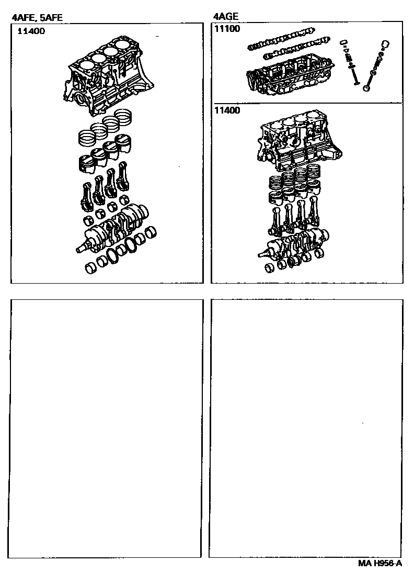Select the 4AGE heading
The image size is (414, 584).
pyautogui.click(x=226, y=16)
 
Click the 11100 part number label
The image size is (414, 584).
pyautogui.click(x=227, y=29)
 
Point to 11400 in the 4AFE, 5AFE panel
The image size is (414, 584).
pyautogui.click(x=31, y=31)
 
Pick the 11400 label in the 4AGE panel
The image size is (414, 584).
pyautogui.click(x=227, y=110)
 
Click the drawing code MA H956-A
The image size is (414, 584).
pyautogui.click(x=380, y=563)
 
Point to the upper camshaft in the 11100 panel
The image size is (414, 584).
pyautogui.click(x=281, y=38)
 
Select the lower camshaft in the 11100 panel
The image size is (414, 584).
pyautogui.click(x=296, y=48)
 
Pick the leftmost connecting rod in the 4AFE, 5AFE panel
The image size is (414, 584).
pyautogui.click(x=87, y=197)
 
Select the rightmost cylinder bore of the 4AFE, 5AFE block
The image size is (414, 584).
pyautogui.click(x=123, y=44)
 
